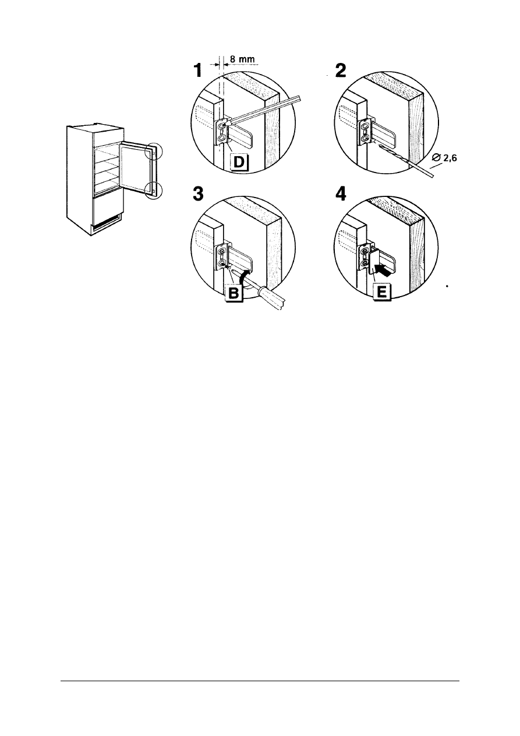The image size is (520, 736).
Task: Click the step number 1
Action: [x=197, y=71]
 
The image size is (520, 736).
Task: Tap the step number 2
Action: [x=341, y=71]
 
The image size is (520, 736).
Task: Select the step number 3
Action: [x=198, y=194]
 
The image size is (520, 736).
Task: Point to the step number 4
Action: [x=341, y=194]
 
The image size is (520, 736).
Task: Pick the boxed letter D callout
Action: [x=240, y=163]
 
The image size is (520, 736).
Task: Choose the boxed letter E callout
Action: [x=382, y=292]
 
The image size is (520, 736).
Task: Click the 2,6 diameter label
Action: [x=444, y=159]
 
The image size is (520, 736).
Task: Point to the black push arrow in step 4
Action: [x=384, y=270]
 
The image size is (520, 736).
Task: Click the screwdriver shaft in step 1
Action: [x=263, y=110]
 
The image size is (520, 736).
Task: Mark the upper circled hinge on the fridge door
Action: [x=154, y=151]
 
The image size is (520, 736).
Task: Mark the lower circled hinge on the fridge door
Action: [x=154, y=190]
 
